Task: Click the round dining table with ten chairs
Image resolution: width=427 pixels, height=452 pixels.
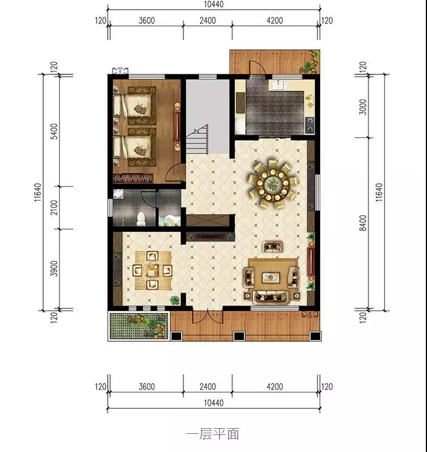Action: pyautogui.click(x=273, y=183)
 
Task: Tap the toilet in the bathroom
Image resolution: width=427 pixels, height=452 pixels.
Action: pyautogui.click(x=141, y=219)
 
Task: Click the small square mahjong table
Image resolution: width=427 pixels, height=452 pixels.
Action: pyautogui.click(x=152, y=271)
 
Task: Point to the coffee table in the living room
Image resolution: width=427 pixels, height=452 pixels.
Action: pyautogui.click(x=271, y=278)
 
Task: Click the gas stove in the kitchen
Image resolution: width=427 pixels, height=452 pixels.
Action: pyautogui.click(x=310, y=125)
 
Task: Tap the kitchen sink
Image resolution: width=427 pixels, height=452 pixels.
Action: pyautogui.click(x=278, y=85)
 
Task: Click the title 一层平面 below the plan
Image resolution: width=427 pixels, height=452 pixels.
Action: pyautogui.click(x=213, y=434)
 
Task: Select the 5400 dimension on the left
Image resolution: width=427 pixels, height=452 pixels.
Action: pyautogui.click(x=54, y=131)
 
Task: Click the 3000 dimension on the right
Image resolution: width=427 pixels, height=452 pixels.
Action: pyautogui.click(x=363, y=107)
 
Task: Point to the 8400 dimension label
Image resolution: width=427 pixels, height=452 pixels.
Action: pyautogui.click(x=363, y=223)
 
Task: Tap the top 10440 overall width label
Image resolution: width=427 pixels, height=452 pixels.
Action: pyautogui.click(x=213, y=5)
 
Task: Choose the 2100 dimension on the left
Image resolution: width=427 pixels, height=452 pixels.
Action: pyautogui.click(x=54, y=208)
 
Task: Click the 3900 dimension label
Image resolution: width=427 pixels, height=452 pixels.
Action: pyautogui.click(x=54, y=269)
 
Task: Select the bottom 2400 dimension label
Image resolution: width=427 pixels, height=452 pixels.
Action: pyautogui.click(x=208, y=386)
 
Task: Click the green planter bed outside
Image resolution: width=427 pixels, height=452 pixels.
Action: pyautogui.click(x=139, y=326)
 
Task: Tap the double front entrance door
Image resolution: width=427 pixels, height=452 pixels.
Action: pyautogui.click(x=208, y=316)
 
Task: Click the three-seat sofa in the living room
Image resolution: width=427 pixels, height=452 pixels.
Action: pyautogui.click(x=271, y=297)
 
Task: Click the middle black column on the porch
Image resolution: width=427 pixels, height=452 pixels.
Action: pyautogui.click(x=239, y=336)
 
